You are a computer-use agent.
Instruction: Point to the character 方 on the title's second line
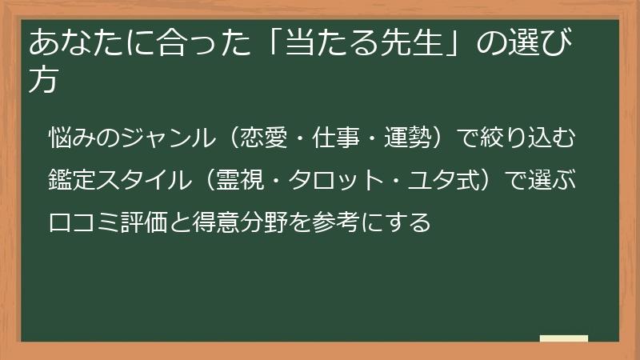pos(43,80)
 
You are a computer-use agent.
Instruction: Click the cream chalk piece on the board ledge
pos(564,338)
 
